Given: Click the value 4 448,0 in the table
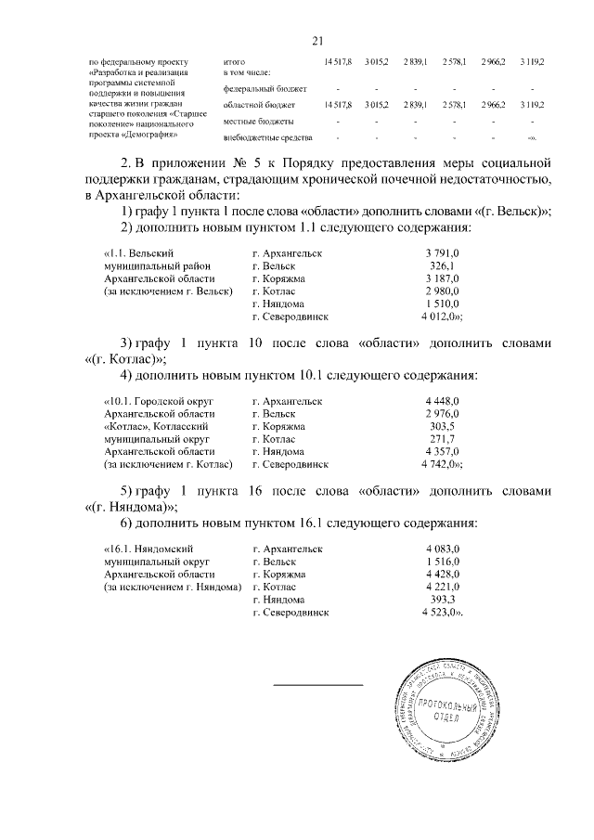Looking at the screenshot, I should point(442,400).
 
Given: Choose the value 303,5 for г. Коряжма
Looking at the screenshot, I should point(443,426).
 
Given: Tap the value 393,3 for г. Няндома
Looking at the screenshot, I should point(443,600).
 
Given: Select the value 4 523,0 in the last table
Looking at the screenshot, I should point(442,613).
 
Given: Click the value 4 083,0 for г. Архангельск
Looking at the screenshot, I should point(442,549).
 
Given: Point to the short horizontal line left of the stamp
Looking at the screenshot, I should point(317,685).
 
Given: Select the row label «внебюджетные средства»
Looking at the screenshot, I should point(263,139).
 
